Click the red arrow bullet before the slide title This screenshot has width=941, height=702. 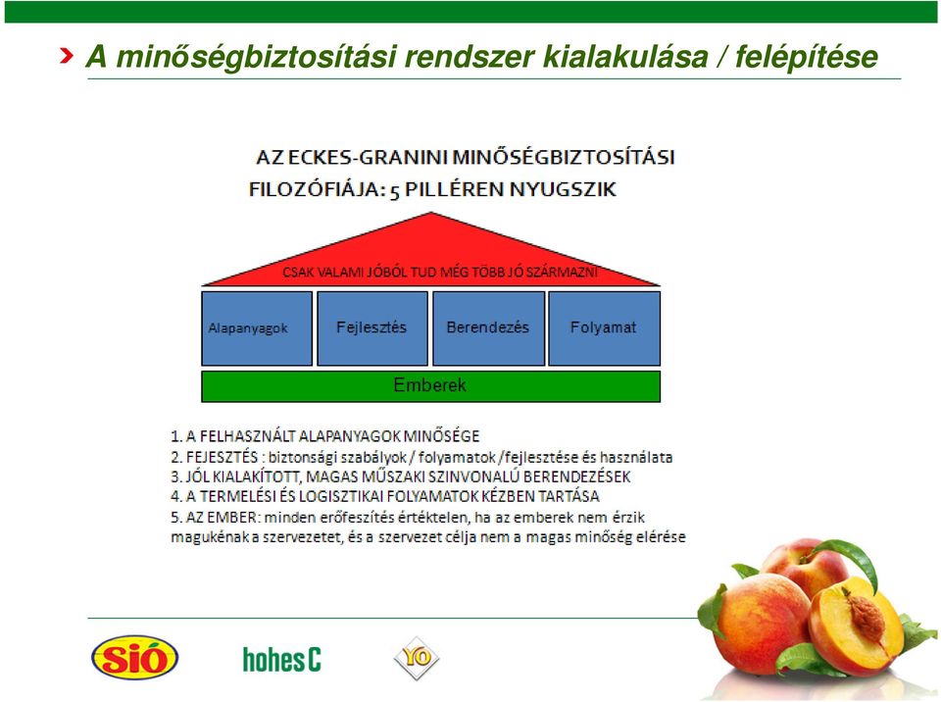[x=67, y=56]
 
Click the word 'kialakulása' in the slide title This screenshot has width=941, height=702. [x=625, y=57]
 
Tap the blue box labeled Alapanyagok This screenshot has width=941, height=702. [x=257, y=328]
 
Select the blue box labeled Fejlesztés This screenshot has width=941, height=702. [x=372, y=328]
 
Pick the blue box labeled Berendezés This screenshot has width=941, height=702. [x=488, y=328]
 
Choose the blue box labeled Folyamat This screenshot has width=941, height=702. [x=605, y=328]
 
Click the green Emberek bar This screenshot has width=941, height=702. [x=431, y=386]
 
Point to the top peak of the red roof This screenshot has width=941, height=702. [x=431, y=213]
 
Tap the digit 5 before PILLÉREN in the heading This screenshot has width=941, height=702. [x=394, y=191]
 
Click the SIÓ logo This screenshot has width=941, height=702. [x=135, y=658]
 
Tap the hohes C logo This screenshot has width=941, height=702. [x=282, y=660]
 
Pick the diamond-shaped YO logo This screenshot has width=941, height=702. [x=417, y=658]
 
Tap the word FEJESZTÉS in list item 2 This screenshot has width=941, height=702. [x=223, y=458]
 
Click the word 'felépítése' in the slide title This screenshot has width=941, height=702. [x=806, y=57]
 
